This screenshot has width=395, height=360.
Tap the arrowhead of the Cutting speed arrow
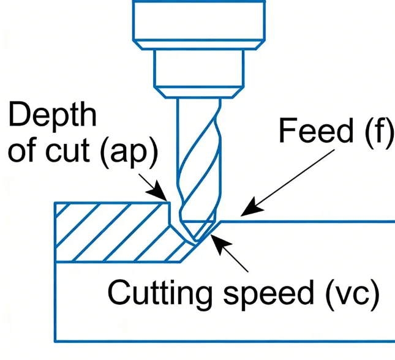click(214, 236)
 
